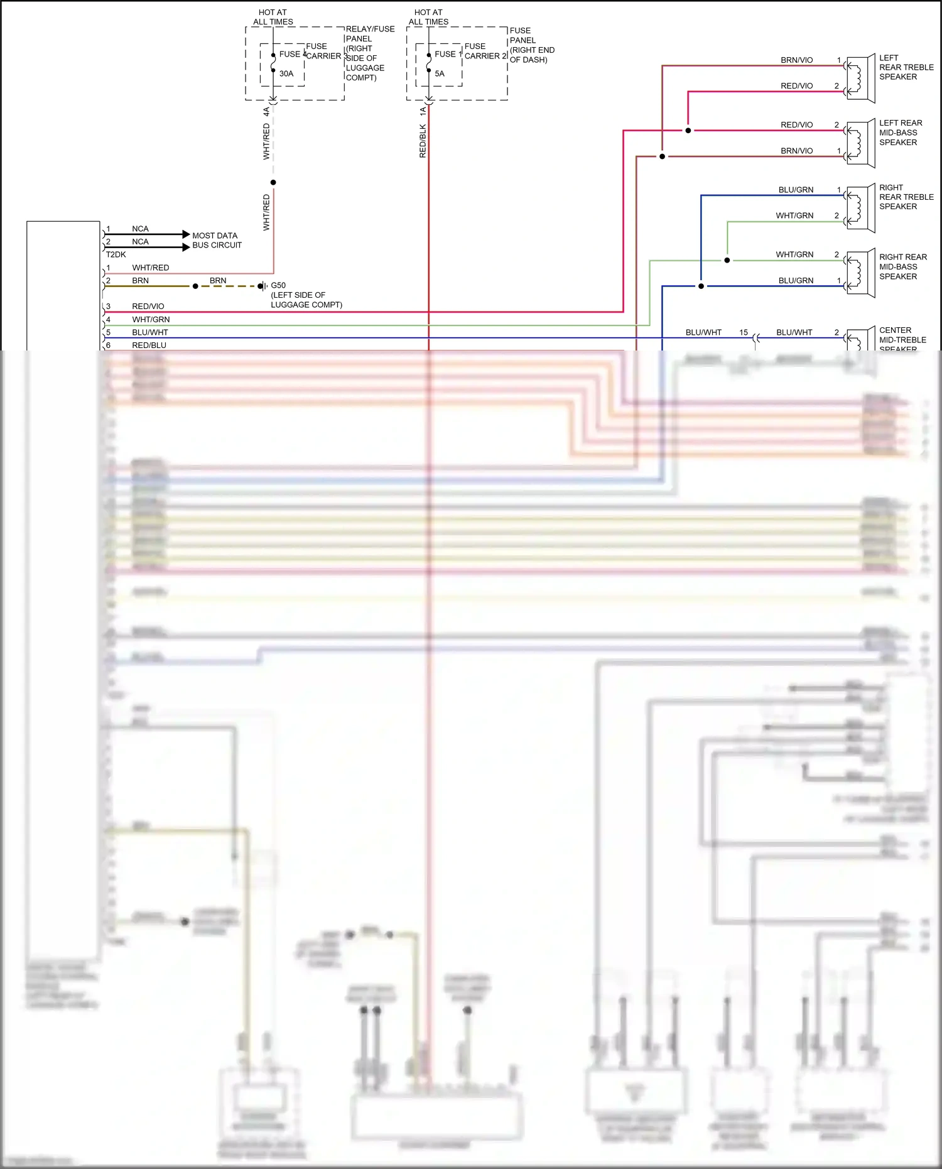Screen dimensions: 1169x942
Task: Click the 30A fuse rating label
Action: point(286,73)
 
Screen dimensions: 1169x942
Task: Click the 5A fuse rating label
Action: point(440,73)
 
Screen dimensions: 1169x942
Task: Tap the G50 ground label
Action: point(278,285)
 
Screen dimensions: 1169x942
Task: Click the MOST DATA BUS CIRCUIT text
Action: point(217,240)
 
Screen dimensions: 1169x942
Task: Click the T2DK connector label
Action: point(116,254)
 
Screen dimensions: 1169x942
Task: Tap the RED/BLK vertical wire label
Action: point(423,141)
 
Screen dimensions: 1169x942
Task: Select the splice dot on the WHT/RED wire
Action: point(273,182)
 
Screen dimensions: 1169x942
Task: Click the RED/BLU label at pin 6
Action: point(149,345)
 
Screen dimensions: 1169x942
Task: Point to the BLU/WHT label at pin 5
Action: point(150,332)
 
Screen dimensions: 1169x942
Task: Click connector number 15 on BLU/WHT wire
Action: point(744,332)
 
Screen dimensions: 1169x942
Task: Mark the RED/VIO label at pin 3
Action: point(148,306)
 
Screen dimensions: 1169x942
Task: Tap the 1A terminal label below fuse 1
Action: point(423,111)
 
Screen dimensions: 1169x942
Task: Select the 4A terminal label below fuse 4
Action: point(266,111)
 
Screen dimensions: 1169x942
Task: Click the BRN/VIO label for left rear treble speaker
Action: point(796,60)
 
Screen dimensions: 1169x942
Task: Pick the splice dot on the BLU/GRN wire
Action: point(701,286)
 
